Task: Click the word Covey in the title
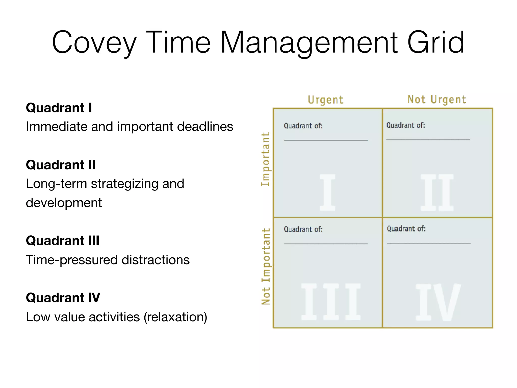point(94,42)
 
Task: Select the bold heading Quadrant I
point(59,108)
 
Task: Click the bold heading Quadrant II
point(61,165)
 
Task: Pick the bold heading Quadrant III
point(63,240)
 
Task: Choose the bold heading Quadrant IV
point(63,298)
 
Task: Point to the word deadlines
point(205,127)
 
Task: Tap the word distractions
point(156,260)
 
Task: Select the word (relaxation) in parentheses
point(175,317)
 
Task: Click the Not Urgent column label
point(437,100)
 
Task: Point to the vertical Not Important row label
point(266,266)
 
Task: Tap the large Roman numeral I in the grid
point(327,192)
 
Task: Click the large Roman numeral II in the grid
point(437,192)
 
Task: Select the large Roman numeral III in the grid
point(331,302)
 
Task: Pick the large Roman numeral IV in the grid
point(438,302)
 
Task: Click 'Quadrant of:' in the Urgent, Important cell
point(303,126)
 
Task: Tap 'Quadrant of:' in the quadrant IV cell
point(406,229)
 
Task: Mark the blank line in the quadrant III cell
point(326,244)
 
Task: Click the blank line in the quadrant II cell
point(428,139)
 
